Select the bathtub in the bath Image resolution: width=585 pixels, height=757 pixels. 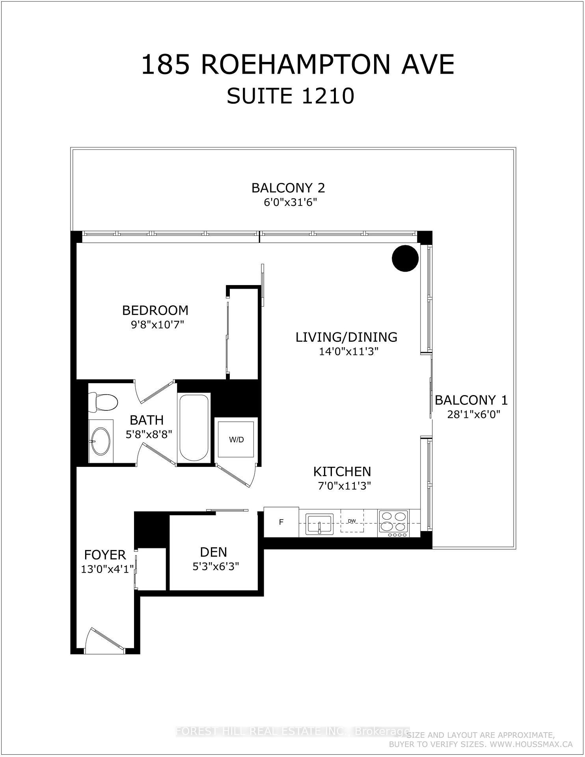tap(194, 427)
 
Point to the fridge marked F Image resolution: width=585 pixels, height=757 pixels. tap(281, 522)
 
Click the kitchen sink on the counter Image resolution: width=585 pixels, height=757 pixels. tap(320, 524)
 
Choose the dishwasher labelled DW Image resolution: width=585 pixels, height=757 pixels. tap(352, 521)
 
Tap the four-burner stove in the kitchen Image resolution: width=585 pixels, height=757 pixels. tap(393, 523)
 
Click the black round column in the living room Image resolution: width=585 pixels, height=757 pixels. tap(405, 258)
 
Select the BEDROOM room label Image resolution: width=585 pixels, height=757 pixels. tap(155, 311)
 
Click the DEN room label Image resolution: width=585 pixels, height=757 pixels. tap(213, 552)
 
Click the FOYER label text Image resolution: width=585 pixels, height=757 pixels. tap(105, 555)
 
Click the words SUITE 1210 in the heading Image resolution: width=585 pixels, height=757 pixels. tap(290, 96)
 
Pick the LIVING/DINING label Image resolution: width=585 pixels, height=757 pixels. tap(347, 337)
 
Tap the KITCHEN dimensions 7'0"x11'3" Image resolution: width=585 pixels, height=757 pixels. tap(345, 486)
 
